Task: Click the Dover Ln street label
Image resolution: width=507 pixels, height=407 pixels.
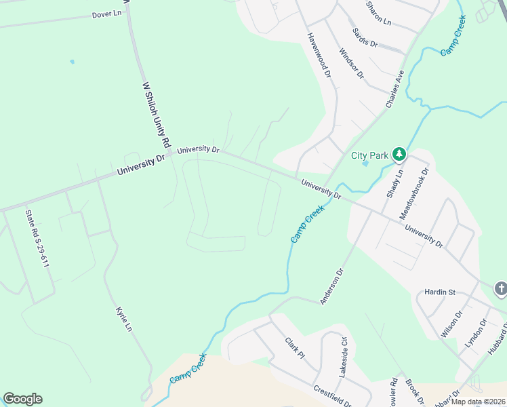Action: point(106,14)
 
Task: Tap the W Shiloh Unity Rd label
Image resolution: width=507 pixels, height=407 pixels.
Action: point(155,115)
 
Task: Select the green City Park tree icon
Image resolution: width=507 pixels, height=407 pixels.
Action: point(400,155)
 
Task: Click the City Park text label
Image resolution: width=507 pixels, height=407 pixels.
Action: point(369,155)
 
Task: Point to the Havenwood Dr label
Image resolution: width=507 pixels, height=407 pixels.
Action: point(319,54)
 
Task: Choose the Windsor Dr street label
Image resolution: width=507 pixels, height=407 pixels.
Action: point(352,63)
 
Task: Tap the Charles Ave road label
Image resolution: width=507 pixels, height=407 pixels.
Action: point(395,88)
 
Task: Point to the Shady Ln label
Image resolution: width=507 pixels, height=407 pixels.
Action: point(394,183)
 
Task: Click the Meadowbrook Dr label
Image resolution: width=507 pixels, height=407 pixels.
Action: point(415,193)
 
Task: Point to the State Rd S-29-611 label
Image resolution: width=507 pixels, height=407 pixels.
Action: point(37,238)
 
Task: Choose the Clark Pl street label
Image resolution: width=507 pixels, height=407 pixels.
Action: point(296,350)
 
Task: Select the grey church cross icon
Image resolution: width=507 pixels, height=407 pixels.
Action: point(500,289)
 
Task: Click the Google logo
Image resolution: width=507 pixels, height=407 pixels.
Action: point(22,399)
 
